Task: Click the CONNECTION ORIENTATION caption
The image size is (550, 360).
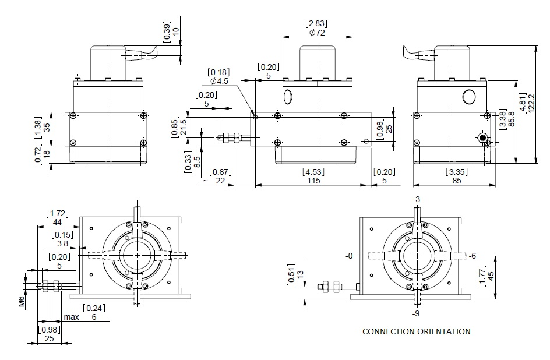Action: coord(416,331)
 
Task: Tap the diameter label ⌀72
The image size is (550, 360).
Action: coord(316,33)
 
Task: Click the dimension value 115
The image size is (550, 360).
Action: coord(313,181)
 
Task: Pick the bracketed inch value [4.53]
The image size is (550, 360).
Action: coord(313,172)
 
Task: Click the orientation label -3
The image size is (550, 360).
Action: coord(416,200)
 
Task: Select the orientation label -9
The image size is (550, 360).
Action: coord(417,313)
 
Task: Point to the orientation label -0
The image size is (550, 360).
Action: coord(349,256)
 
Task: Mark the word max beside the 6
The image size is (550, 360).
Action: coord(71,317)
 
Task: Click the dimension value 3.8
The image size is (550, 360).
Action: coord(62,243)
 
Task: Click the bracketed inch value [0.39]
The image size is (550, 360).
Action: coord(167,31)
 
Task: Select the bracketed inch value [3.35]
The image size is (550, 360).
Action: coord(456,172)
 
